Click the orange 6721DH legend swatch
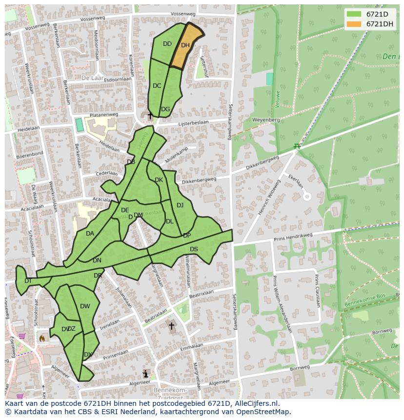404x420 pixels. (x=354, y=24)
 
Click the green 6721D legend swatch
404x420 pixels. (x=354, y=14)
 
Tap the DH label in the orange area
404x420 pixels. (x=185, y=45)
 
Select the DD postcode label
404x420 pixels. (x=167, y=44)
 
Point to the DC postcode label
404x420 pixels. (x=157, y=86)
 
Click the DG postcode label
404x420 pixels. (x=165, y=109)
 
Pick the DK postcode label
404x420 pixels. (x=159, y=180)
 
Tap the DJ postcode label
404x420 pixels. (x=180, y=205)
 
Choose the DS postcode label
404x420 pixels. (x=194, y=249)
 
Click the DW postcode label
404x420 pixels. (x=85, y=306)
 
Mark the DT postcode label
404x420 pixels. (x=28, y=281)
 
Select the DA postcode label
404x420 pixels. (x=90, y=234)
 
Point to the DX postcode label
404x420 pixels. (x=88, y=355)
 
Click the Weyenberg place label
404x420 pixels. (x=265, y=120)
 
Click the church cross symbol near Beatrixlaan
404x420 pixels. (x=171, y=326)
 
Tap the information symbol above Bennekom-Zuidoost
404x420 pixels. (x=145, y=374)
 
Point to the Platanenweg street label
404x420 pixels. (x=101, y=115)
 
